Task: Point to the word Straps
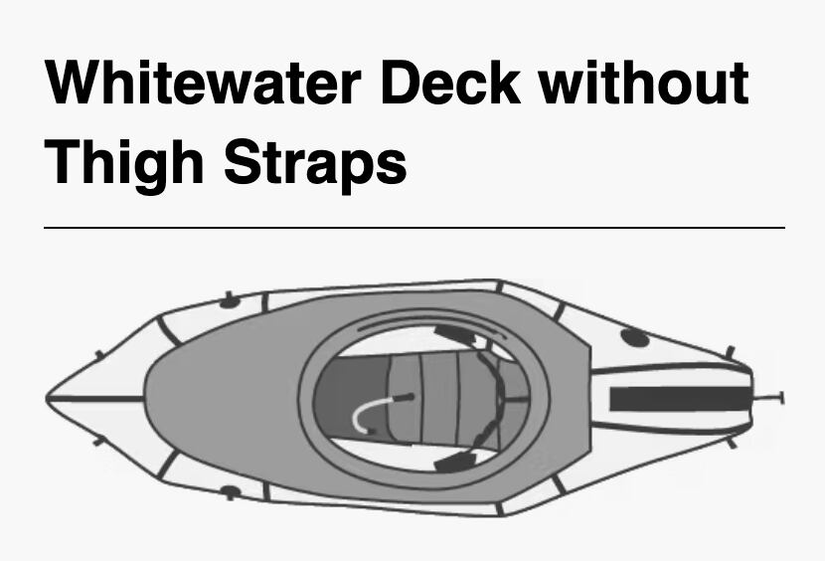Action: [x=315, y=161]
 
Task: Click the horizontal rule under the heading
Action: [x=413, y=228]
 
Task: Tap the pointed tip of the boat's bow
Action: [x=49, y=399]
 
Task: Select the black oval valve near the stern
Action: [x=635, y=337]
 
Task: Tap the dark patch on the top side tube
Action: [x=230, y=300]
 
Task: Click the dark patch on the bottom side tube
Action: [x=230, y=491]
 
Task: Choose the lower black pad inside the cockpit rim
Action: [x=455, y=462]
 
